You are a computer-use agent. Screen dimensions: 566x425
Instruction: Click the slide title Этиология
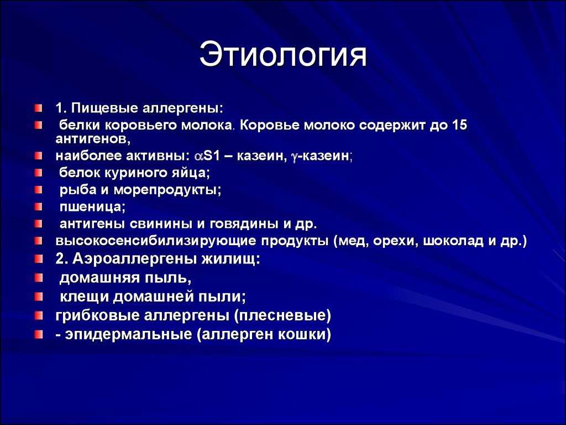[284, 55]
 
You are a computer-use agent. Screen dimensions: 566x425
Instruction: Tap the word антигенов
[93, 138]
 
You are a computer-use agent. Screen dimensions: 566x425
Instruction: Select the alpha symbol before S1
[199, 156]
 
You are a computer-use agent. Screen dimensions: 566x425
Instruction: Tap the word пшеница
[92, 207]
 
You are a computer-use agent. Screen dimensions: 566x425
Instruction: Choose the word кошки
[302, 334]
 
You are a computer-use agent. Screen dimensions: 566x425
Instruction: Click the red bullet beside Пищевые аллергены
[39, 108]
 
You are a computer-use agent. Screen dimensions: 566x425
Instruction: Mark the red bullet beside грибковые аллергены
[39, 316]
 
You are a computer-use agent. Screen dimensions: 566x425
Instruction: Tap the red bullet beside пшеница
[39, 207]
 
